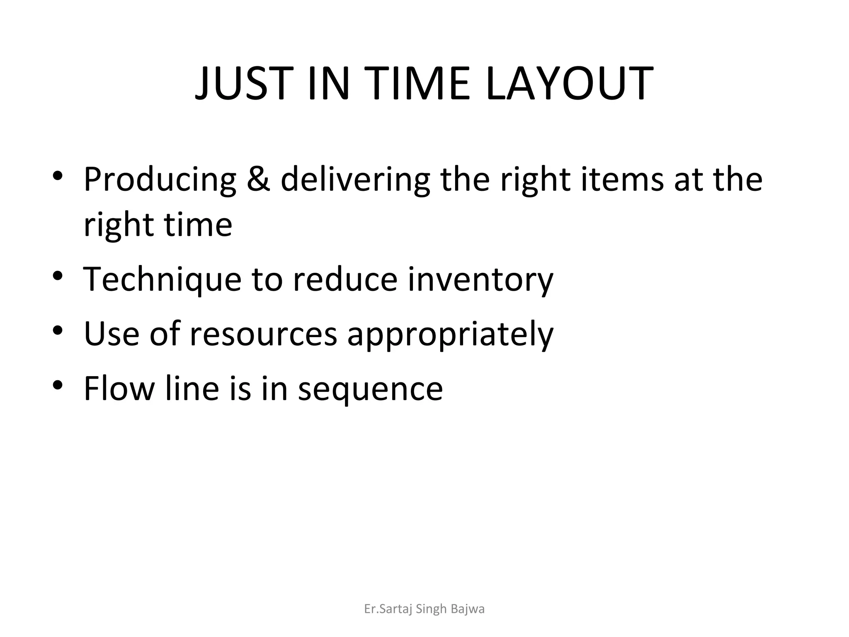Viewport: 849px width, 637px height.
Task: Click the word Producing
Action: (160, 180)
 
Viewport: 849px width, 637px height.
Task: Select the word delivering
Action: (355, 180)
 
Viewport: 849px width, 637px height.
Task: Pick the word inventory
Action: (480, 280)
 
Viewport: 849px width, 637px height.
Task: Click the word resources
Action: (263, 334)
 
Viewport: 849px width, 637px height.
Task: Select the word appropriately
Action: (450, 335)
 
